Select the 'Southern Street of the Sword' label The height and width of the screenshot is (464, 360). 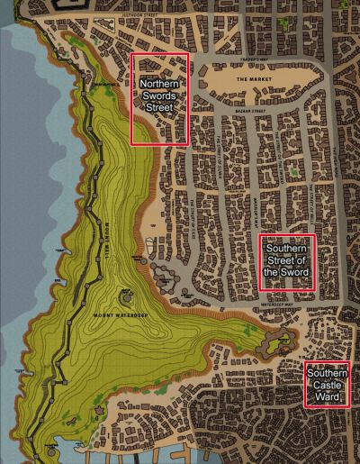(x=287, y=260)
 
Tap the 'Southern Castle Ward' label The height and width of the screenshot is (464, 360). (x=326, y=385)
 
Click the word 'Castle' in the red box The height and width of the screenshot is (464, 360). (x=326, y=385)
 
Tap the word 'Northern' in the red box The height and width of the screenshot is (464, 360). (x=159, y=84)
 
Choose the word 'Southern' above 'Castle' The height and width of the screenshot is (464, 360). (x=326, y=374)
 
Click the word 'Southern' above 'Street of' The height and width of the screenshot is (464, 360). (x=287, y=249)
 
